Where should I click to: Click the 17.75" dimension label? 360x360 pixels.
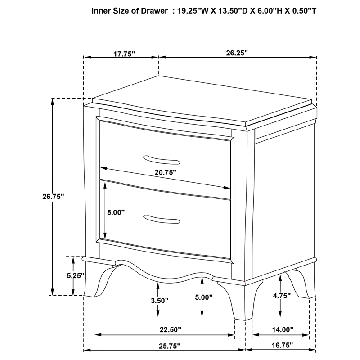click(124, 54)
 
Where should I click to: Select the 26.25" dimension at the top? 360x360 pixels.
click(237, 53)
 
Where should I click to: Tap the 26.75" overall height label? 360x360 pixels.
click(53, 197)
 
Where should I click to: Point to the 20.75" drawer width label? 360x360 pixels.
click(165, 172)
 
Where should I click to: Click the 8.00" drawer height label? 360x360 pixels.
click(116, 212)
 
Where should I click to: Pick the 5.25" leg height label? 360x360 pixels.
click(76, 275)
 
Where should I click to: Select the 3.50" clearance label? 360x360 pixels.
click(160, 301)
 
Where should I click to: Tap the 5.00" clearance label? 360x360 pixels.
click(204, 297)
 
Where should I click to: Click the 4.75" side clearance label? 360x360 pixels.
click(282, 296)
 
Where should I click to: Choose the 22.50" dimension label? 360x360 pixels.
click(171, 330)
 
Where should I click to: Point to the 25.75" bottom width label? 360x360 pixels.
click(170, 346)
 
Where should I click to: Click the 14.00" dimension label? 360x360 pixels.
click(283, 330)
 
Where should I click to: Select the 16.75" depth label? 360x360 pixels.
click(282, 345)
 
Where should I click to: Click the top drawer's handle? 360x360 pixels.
click(162, 160)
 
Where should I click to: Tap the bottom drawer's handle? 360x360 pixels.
click(162, 219)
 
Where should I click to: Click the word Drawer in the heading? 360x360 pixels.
click(154, 11)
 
